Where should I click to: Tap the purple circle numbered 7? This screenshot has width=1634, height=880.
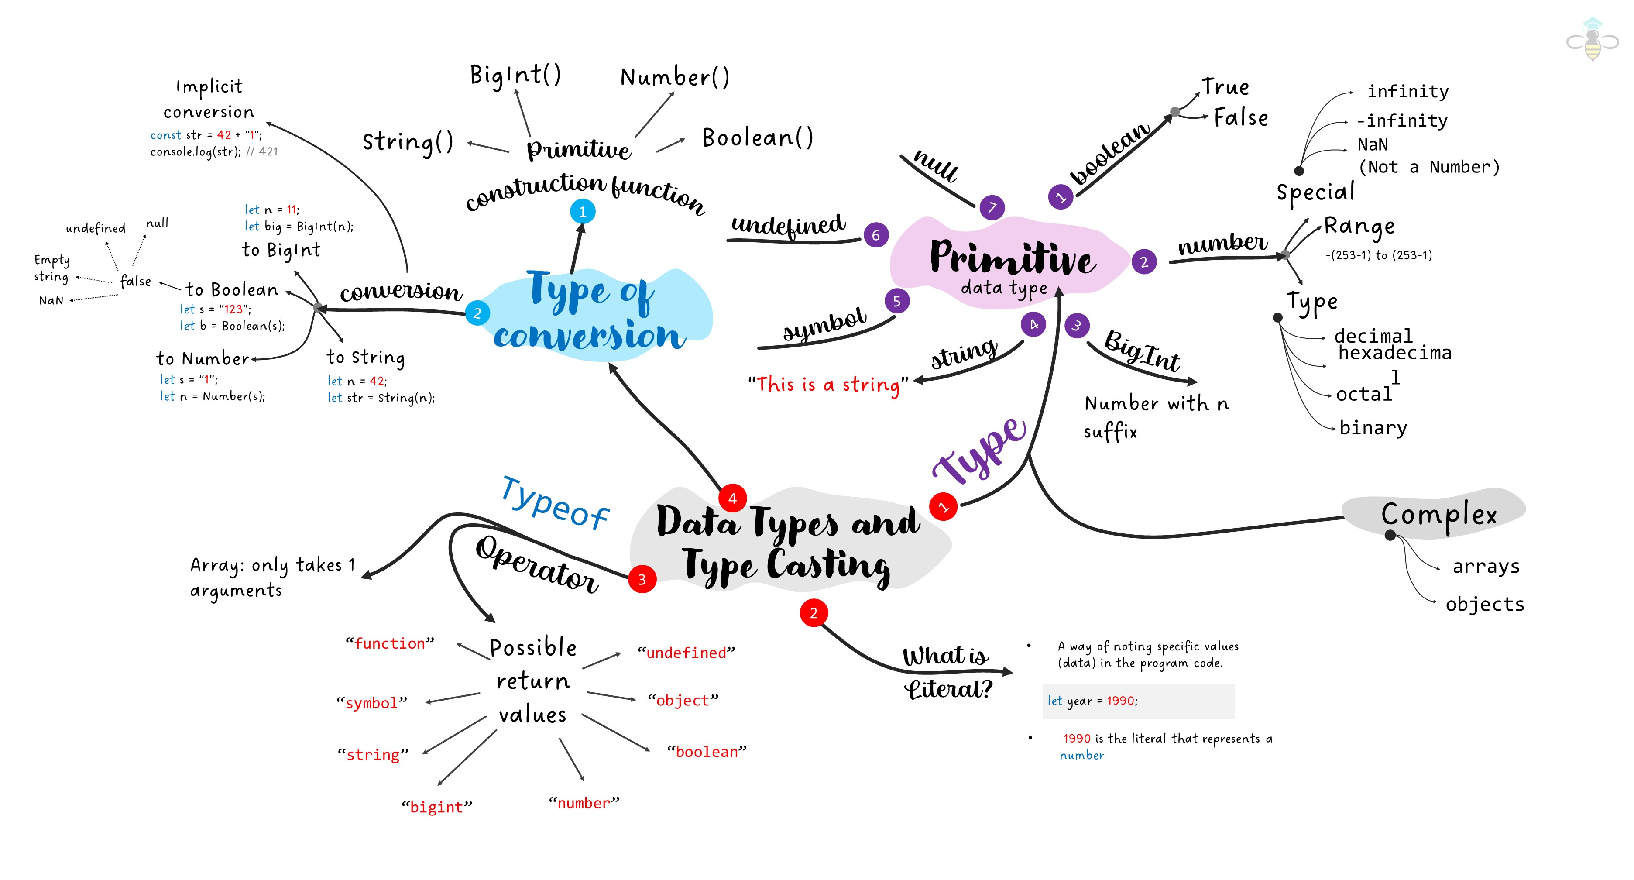coord(992,207)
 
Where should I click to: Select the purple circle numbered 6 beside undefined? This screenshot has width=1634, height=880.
coord(876,235)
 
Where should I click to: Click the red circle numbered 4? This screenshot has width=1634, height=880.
coord(733,498)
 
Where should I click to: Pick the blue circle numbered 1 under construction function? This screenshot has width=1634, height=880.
coord(582,211)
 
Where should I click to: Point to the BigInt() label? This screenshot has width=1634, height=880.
coord(515,76)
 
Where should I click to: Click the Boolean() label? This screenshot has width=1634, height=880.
coord(757,137)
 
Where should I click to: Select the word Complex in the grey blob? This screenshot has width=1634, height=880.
coord(1438,514)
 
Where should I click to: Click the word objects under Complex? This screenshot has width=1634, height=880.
coord(1484,604)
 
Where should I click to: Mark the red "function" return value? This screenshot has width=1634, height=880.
coord(390,643)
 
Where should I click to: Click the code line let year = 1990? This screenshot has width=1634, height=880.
coord(1092,701)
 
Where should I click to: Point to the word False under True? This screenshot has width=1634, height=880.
coord(1241,118)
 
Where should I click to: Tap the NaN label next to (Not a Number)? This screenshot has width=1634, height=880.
coord(1373,144)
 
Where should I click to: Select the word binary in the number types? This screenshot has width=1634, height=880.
coord(1373,428)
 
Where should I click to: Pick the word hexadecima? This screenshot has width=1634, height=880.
coord(1394,353)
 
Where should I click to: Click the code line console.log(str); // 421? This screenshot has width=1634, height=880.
coord(214,151)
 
